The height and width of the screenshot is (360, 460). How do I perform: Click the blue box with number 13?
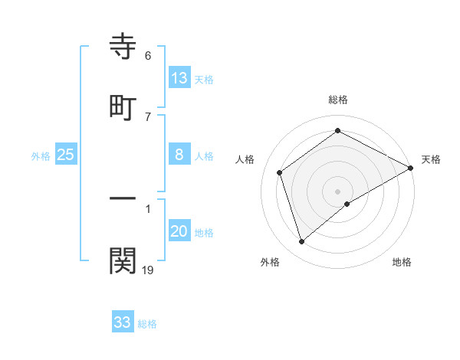[179, 77]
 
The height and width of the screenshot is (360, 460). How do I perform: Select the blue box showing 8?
[179, 155]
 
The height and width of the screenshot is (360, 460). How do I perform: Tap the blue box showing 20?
[179, 231]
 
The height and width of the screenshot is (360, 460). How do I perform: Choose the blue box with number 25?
[66, 155]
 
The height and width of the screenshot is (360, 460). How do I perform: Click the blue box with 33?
[123, 322]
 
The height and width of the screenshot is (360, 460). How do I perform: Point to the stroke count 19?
[148, 270]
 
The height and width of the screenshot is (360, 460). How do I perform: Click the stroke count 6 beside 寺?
[148, 55]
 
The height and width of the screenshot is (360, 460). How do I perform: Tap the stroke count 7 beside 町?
[148, 116]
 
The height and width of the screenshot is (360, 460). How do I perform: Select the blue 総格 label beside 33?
[147, 324]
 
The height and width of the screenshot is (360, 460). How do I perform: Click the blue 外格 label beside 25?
[41, 156]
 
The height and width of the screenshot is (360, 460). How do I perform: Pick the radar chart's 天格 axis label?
[431, 159]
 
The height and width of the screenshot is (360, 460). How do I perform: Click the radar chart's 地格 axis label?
[402, 262]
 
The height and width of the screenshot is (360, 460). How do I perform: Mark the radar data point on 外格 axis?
[302, 242]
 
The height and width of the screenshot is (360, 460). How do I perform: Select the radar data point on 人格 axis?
[280, 172]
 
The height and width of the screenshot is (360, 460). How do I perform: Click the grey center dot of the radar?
[338, 191]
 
